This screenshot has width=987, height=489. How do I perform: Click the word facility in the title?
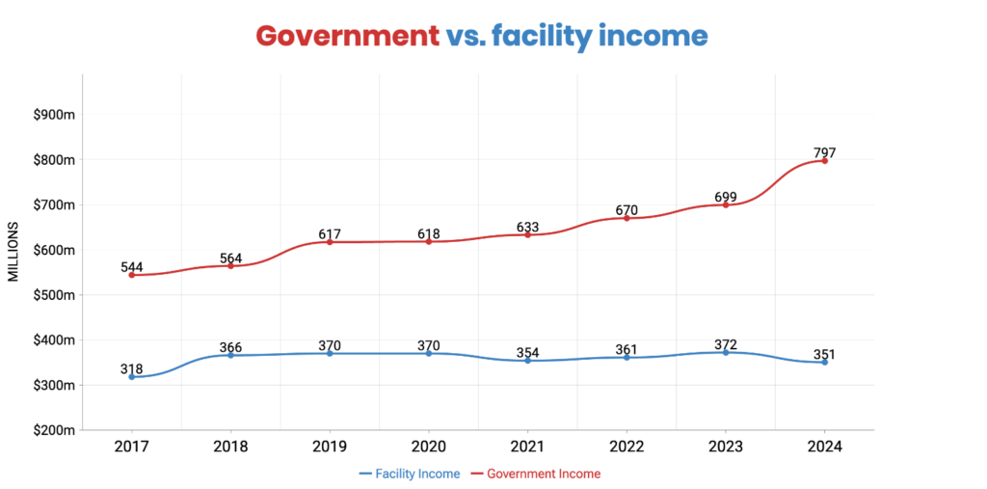coord(538,36)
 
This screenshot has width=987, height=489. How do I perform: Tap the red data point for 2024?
coord(825,160)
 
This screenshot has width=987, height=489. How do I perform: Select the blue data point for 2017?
coord(131,376)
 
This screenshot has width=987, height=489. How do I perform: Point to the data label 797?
coord(824,152)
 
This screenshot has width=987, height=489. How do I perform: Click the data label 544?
coord(132,267)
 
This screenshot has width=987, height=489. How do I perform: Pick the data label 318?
coord(132,368)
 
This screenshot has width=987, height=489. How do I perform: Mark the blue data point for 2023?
coord(726,352)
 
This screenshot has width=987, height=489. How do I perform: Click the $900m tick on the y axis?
coord(54,115)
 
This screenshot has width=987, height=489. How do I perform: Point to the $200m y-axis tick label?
coord(54,430)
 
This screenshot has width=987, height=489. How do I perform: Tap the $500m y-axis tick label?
coord(54,295)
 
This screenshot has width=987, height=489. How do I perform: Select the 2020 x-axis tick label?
coord(428,447)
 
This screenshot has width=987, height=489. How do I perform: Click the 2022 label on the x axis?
coord(627,447)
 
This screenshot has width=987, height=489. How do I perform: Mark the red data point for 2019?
coord(330,242)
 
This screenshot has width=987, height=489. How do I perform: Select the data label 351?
coord(824,354)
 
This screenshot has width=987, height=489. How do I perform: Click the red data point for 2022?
coord(627,218)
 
